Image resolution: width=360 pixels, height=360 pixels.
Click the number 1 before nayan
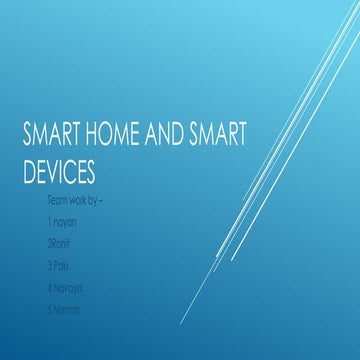click(x=50, y=223)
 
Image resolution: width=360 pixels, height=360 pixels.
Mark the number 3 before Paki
click(x=50, y=266)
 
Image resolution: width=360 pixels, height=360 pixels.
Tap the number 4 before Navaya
click(x=50, y=287)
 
